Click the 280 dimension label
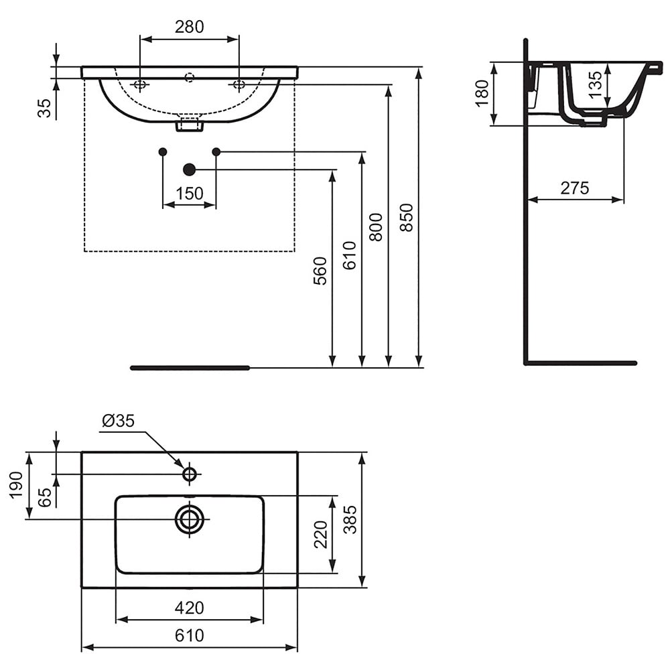pyautogui.click(x=190, y=27)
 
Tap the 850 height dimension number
pyautogui.click(x=407, y=218)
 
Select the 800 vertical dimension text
pyautogui.click(x=376, y=227)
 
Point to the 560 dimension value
pyautogui.click(x=320, y=271)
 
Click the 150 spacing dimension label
pyautogui.click(x=190, y=194)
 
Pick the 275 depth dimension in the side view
pyautogui.click(x=575, y=188)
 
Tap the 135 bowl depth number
pyautogui.click(x=594, y=84)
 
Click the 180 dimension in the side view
pyautogui.click(x=482, y=94)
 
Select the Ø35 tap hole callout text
pyautogui.click(x=119, y=421)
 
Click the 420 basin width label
pyautogui.click(x=190, y=608)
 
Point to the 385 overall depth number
pyautogui.click(x=350, y=520)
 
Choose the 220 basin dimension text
pyautogui.click(x=320, y=535)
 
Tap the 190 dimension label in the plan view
pyautogui.click(x=16, y=485)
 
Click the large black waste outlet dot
pyautogui.click(x=189, y=170)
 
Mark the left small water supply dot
pyautogui.click(x=163, y=151)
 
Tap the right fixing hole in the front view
pyautogui.click(x=239, y=84)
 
